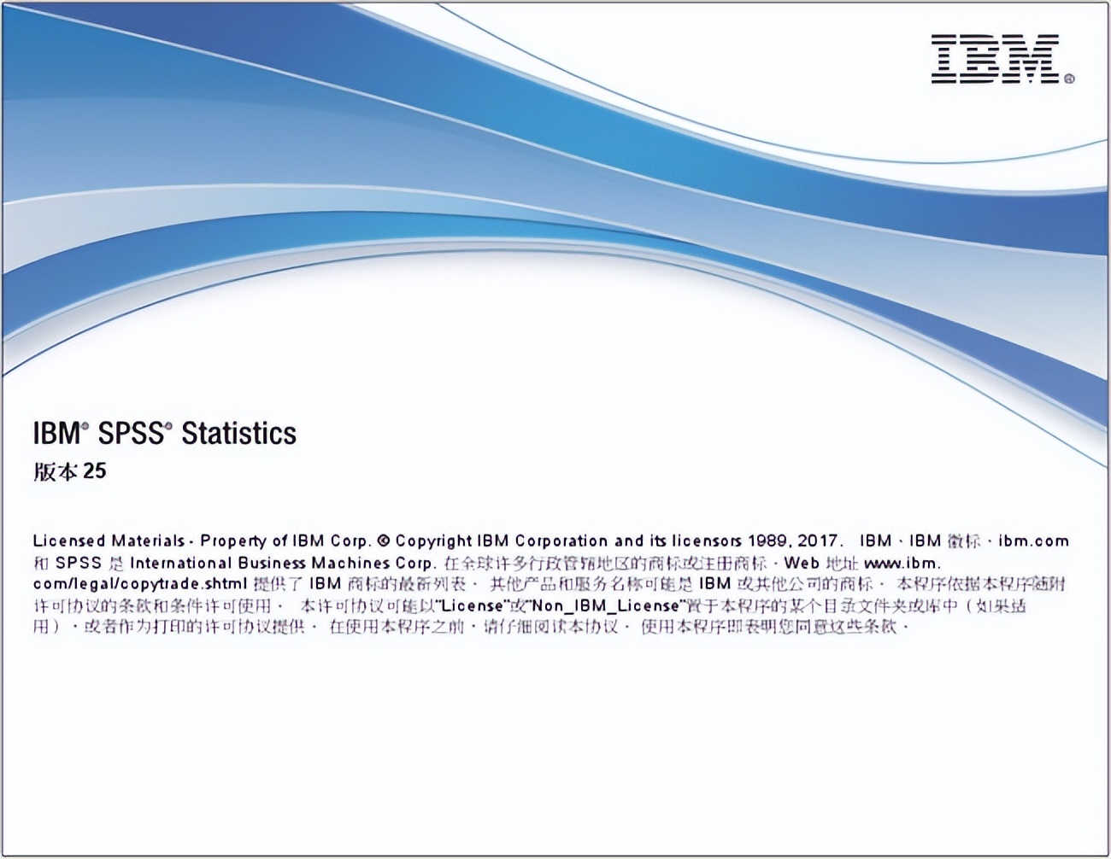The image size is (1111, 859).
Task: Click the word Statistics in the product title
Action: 238,433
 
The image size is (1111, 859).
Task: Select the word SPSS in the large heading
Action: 130,433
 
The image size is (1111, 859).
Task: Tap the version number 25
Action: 95,471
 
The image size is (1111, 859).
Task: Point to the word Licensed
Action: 69,541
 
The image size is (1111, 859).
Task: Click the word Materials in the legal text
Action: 148,541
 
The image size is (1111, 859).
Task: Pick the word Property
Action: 234,541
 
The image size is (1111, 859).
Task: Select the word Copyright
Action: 433,541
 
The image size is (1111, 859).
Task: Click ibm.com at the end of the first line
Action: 1033,541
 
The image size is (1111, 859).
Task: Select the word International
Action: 180,563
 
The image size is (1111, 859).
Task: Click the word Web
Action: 802,563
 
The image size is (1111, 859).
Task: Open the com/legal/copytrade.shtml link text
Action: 140,584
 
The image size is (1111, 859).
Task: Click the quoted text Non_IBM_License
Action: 606,606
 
